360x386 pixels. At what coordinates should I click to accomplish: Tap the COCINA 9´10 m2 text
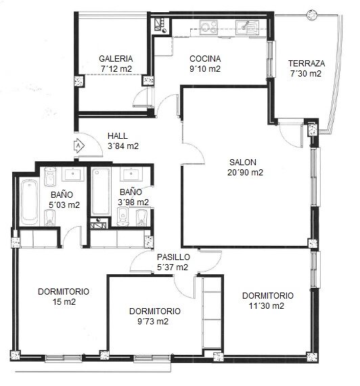pos(205,64)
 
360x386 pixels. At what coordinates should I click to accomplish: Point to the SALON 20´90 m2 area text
pos(245,167)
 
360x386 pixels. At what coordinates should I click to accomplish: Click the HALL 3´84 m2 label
pos(123,141)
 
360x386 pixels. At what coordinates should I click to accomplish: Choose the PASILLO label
pos(173,257)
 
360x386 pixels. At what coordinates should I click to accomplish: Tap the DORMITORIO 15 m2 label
pos(64,297)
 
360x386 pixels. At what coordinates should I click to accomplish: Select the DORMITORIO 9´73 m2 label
pos(155,316)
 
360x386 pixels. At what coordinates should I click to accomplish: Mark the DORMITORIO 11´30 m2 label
pos(268,301)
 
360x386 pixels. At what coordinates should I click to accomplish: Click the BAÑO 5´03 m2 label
pos(64,200)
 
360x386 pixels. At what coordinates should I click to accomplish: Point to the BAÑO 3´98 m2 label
pos(133,197)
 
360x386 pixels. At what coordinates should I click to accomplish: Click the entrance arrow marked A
pos(78,146)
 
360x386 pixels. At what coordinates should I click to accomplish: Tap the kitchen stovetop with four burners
pos(208,27)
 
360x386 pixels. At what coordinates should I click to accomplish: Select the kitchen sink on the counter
pos(247,27)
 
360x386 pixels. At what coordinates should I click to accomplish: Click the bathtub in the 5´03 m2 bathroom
pos(29,202)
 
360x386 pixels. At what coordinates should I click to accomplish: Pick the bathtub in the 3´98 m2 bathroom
pos(101,192)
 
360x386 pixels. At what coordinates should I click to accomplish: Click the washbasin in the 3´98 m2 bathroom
pos(131,174)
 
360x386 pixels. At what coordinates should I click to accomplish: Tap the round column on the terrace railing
pos(312,15)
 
